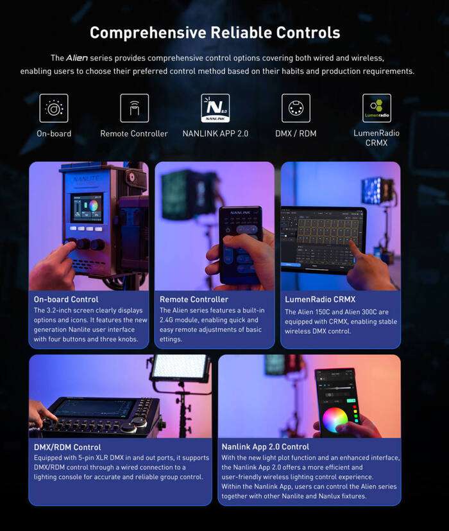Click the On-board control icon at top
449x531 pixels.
click(54, 108)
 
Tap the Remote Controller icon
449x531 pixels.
click(134, 108)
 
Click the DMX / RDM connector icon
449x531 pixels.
click(296, 108)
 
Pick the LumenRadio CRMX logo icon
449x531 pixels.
click(377, 108)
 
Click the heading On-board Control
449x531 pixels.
click(66, 299)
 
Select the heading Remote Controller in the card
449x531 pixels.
click(194, 299)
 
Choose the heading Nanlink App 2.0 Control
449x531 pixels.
click(266, 447)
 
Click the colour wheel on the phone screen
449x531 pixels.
click(335, 419)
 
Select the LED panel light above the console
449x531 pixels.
click(179, 369)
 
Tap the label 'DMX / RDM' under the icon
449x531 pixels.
click(296, 134)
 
